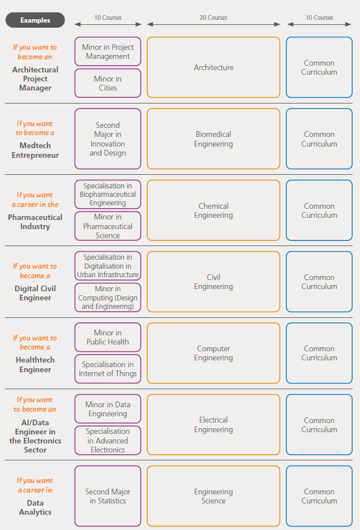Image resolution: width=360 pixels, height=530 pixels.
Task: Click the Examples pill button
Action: tap(35, 20)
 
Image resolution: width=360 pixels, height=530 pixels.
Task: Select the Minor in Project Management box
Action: tap(108, 51)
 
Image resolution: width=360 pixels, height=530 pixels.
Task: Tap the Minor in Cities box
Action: tap(108, 83)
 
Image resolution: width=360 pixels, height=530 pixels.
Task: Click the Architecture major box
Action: tap(213, 67)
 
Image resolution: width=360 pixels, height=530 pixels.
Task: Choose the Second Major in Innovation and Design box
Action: tap(108, 139)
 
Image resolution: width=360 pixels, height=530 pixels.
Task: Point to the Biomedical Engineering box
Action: tap(213, 139)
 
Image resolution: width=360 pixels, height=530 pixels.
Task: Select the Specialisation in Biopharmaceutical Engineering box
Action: tap(108, 195)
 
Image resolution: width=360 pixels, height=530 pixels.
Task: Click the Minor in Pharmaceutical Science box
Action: tap(108, 226)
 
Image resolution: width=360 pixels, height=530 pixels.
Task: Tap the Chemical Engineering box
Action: tap(213, 210)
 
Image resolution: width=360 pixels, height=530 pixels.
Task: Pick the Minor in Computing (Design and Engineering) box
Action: tap(108, 298)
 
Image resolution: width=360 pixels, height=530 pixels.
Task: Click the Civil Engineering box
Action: tap(213, 282)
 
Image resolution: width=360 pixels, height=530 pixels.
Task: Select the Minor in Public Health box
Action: tap(108, 337)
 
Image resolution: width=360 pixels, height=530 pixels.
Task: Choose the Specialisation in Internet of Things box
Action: tap(108, 369)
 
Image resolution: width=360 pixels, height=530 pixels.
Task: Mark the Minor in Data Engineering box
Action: tap(108, 408)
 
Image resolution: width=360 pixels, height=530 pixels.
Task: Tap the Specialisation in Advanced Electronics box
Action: tap(108, 441)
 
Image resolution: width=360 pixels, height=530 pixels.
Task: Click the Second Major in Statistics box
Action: tap(108, 496)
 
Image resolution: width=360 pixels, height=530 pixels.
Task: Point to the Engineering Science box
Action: tap(213, 496)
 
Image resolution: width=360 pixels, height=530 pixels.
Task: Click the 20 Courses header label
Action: tap(213, 18)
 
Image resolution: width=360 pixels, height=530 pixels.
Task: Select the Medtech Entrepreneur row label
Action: tap(35, 150)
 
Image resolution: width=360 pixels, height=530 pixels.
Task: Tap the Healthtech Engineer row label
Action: tap(35, 365)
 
